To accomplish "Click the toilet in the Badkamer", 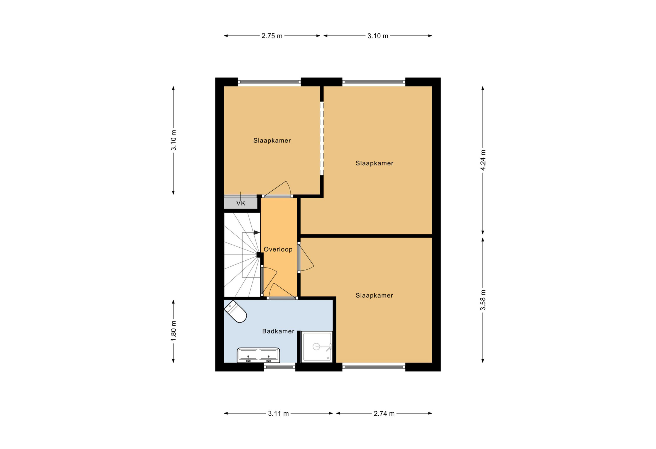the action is pyautogui.click(x=235, y=311).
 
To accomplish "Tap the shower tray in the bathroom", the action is pyautogui.click(x=317, y=346).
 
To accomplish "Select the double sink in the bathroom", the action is pyautogui.click(x=258, y=355).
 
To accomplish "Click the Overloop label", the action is pyautogui.click(x=278, y=249).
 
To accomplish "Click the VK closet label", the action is pyautogui.click(x=241, y=203).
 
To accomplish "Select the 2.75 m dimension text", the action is pyautogui.click(x=272, y=36).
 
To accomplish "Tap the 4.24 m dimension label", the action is pyautogui.click(x=483, y=160).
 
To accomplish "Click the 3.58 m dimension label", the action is pyautogui.click(x=483, y=300).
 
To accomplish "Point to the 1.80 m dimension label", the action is pyautogui.click(x=173, y=331).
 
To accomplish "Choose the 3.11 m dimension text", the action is pyautogui.click(x=278, y=413).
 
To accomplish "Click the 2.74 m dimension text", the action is pyautogui.click(x=384, y=413).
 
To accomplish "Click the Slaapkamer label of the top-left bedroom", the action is pyautogui.click(x=272, y=140).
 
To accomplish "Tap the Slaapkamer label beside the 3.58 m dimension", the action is pyautogui.click(x=374, y=295).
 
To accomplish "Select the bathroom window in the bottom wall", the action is pyautogui.click(x=280, y=367).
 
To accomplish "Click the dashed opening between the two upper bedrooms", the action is pyautogui.click(x=322, y=138).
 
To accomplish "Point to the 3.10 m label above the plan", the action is pyautogui.click(x=378, y=36).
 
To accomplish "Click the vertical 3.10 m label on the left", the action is pyautogui.click(x=173, y=140).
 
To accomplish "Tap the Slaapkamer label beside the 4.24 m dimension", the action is pyautogui.click(x=374, y=163).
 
